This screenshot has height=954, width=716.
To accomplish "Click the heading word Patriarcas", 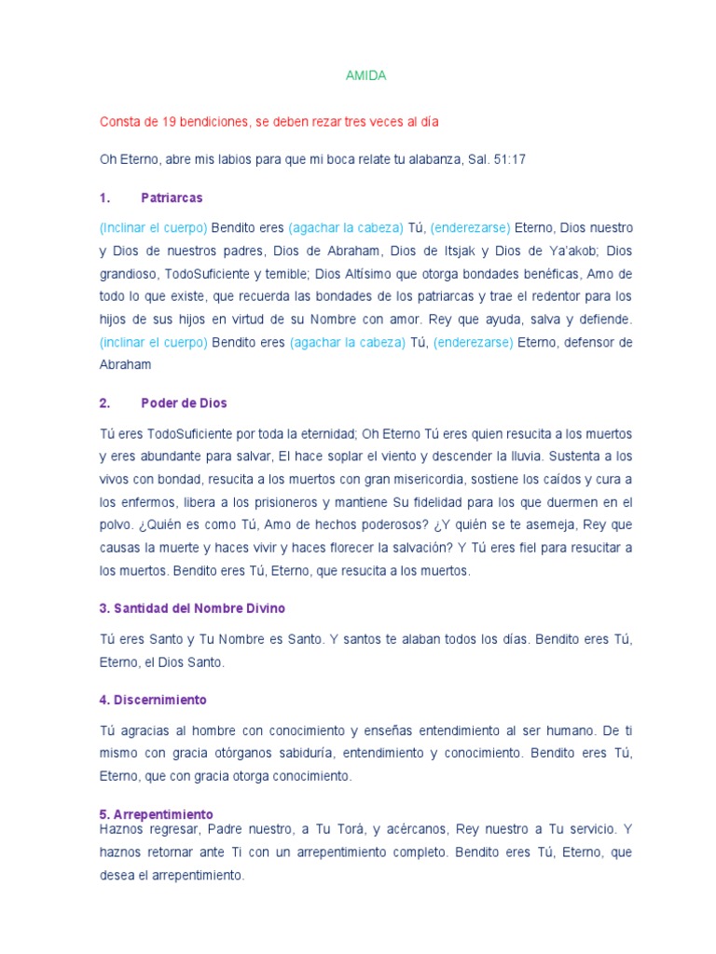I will [x=172, y=198].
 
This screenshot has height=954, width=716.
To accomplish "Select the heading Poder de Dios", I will [x=184, y=403].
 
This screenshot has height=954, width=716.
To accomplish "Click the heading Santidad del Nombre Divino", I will [x=192, y=608].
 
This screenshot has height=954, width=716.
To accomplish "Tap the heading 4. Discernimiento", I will [x=153, y=700].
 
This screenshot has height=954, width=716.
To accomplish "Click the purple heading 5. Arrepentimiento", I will [x=156, y=813].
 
